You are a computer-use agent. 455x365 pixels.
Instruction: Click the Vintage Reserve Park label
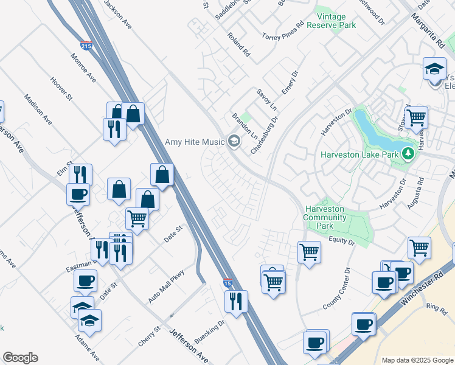point(331,21)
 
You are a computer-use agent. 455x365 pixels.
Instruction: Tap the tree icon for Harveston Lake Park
point(410,155)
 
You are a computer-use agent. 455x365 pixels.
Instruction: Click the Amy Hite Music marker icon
point(234,142)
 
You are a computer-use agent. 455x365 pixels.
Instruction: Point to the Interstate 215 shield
point(87,45)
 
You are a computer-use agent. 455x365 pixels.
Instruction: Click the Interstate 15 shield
point(227,283)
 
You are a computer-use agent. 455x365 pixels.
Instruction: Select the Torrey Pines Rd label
point(282,32)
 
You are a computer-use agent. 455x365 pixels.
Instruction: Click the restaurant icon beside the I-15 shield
point(235,301)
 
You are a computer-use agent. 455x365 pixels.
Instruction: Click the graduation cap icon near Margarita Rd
point(435,69)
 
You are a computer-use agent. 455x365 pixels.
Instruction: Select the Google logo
point(20,358)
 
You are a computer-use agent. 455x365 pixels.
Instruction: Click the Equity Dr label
point(342,242)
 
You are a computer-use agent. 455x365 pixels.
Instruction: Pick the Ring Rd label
point(436,308)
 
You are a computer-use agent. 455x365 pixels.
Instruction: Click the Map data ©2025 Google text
point(417,360)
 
